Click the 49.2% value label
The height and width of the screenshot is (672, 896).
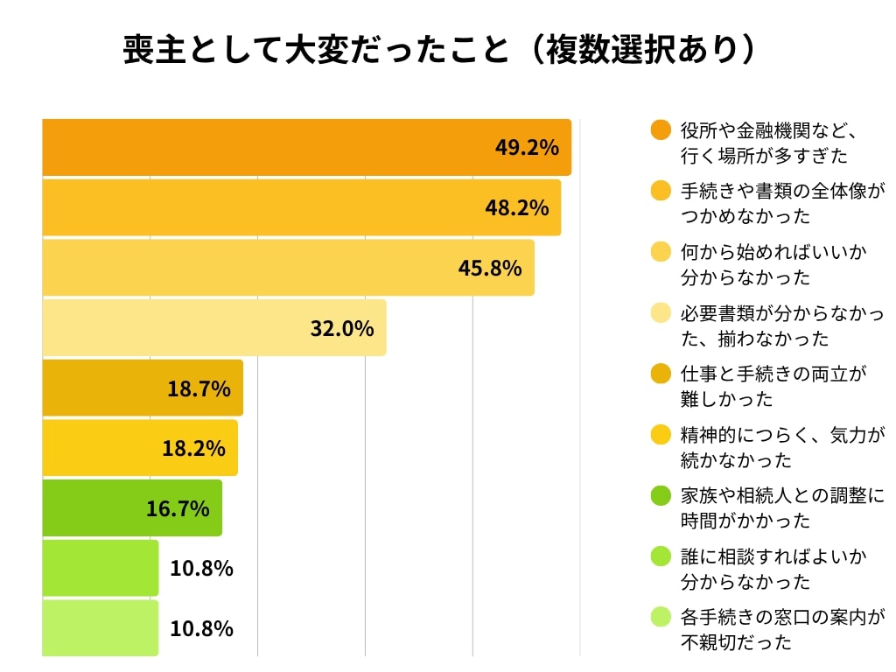pyautogui.click(x=527, y=147)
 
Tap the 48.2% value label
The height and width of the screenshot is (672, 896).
pyautogui.click(x=517, y=207)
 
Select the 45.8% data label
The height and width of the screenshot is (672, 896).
pyautogui.click(x=490, y=268)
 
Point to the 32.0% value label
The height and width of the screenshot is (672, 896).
pyautogui.click(x=342, y=328)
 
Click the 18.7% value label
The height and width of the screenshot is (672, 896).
pyautogui.click(x=199, y=388)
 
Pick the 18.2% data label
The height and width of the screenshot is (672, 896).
pyautogui.click(x=193, y=448)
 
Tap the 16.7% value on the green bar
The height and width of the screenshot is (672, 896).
pyautogui.click(x=178, y=508)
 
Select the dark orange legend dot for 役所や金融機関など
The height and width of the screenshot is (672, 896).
pyautogui.click(x=661, y=130)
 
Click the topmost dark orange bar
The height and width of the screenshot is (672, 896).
pyautogui.click(x=262, y=147)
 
